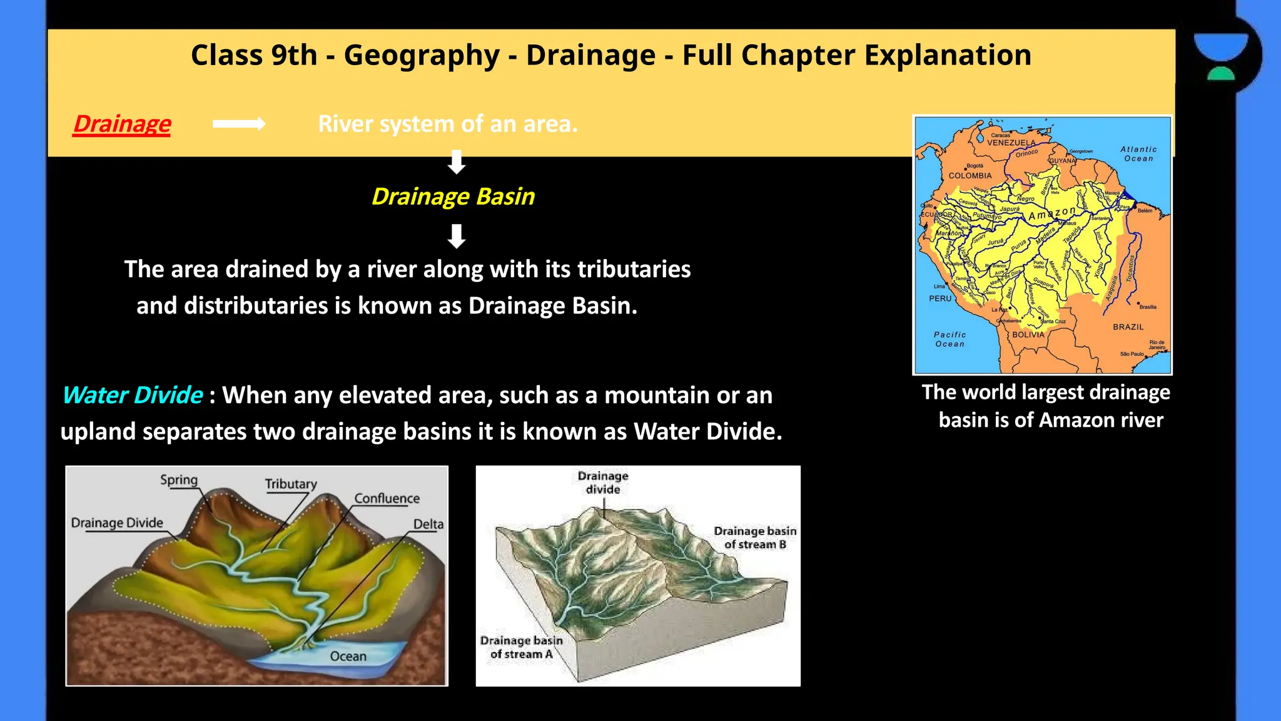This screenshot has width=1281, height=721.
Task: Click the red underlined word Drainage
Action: click(x=122, y=124)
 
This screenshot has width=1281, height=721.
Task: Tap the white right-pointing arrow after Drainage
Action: click(x=239, y=124)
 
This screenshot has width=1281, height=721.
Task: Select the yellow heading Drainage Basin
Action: click(x=453, y=197)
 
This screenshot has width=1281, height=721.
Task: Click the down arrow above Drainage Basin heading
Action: click(x=457, y=161)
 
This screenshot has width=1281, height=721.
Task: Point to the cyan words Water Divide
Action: click(x=133, y=395)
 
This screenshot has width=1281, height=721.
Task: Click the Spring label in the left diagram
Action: click(x=179, y=480)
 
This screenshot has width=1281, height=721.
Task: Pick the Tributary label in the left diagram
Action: click(x=290, y=484)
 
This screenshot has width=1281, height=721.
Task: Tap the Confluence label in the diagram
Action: click(x=387, y=498)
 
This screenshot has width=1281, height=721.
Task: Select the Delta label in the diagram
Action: click(x=428, y=524)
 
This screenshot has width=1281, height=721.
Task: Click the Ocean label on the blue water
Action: click(x=348, y=656)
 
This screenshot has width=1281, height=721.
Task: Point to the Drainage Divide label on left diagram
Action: click(x=117, y=523)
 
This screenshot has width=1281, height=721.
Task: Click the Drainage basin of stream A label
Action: click(x=521, y=647)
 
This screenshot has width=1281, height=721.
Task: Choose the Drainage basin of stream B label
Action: click(x=755, y=538)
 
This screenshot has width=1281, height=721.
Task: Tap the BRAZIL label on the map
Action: click(x=1128, y=327)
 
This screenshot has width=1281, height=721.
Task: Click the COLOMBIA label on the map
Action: click(x=970, y=176)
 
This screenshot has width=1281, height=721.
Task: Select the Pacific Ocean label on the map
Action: click(x=949, y=339)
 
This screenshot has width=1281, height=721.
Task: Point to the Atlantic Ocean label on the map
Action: click(x=1138, y=154)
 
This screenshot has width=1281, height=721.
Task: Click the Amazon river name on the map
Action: click(x=1052, y=213)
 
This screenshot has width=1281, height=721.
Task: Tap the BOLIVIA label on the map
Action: click(x=1028, y=335)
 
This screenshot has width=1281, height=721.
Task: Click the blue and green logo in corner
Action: click(x=1221, y=56)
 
